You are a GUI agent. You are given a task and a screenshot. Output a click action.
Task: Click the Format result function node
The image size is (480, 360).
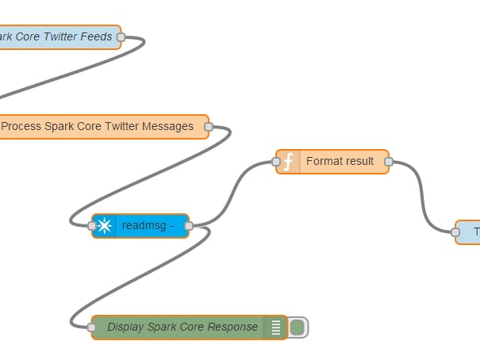340,162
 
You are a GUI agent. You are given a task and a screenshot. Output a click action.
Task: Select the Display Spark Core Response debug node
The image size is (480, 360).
182,327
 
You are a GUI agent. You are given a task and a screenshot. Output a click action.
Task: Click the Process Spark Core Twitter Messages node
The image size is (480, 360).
97,126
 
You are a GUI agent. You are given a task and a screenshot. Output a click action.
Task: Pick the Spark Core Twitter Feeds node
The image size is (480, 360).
56,36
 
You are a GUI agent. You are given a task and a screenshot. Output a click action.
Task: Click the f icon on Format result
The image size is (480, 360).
289,162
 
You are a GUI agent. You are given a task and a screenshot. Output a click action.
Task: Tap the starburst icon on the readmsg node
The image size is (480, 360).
105,226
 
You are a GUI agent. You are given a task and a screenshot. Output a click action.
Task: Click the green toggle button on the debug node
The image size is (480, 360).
298,327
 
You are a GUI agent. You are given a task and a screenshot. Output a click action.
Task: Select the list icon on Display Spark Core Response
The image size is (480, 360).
276,327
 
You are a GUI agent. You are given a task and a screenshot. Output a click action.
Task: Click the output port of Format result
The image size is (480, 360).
389,162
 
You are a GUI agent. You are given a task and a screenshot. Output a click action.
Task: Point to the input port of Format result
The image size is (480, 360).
276,162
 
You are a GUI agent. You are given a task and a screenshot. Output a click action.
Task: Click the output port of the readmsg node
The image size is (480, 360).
189,226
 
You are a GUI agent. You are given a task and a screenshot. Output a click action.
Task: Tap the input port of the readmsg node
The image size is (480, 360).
92,226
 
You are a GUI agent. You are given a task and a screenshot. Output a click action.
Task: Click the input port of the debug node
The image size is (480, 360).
92,327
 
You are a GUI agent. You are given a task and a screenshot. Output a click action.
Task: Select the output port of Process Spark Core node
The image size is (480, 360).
209,126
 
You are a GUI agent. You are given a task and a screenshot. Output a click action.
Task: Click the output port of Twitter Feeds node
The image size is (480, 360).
121,36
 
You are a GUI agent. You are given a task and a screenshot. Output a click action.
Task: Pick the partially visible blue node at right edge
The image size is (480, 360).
470,232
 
